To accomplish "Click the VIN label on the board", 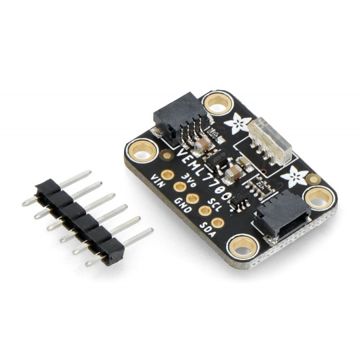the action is [158, 181].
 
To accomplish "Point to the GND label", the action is [183, 206].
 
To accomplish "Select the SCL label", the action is [215, 205].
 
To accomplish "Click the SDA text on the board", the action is [208, 230].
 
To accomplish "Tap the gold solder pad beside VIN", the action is [167, 175].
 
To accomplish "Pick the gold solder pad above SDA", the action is [217, 223].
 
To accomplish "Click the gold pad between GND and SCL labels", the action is [193, 199].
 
